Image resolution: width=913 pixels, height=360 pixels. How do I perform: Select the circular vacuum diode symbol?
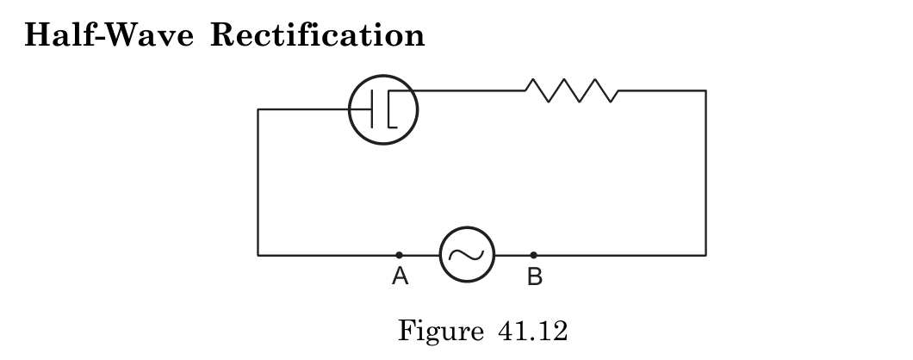pos(382,110)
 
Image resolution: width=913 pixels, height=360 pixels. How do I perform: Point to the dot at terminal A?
pos(399,255)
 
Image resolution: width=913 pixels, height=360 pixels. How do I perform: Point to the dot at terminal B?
pos(533,255)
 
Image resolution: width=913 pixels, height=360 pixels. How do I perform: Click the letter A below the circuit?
pos(399,276)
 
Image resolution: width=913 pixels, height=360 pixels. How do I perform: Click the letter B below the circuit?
pos(534,276)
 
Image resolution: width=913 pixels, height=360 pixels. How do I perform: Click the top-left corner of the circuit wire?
pos(258,109)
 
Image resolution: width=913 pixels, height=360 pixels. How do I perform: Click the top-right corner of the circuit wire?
pos(705,90)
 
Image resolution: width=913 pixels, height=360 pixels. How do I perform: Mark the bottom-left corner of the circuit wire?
pos(258,255)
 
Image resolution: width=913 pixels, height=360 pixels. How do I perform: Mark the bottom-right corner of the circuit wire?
pos(705,255)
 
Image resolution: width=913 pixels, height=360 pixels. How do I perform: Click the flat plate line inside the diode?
pos(372,109)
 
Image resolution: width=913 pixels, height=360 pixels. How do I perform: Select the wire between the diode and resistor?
pos(469,90)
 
